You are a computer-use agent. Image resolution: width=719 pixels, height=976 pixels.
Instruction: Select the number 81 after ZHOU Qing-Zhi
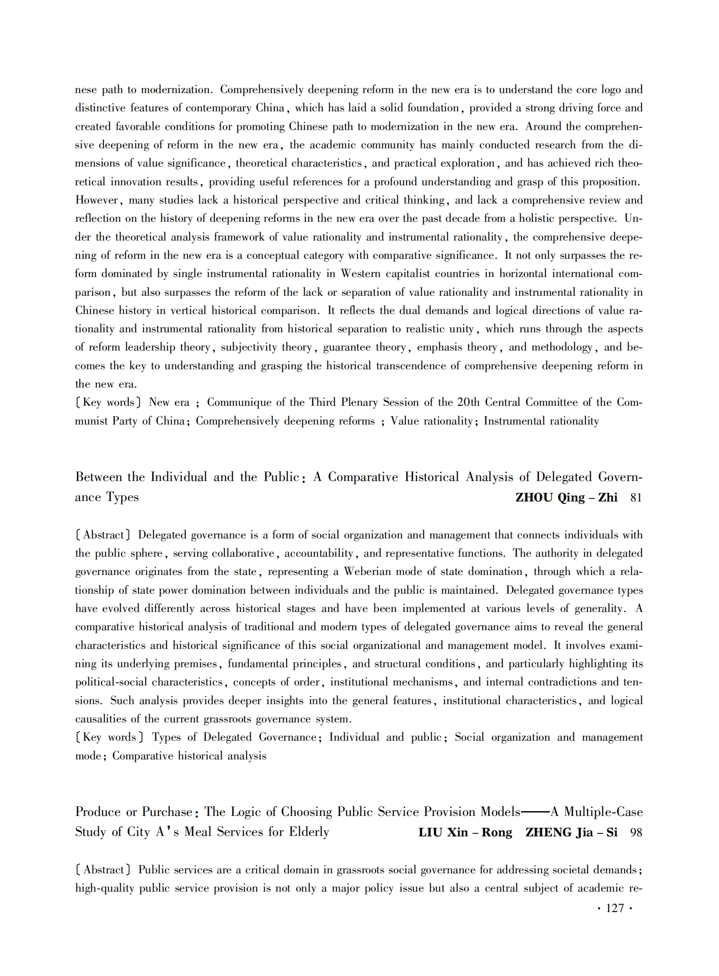(636, 498)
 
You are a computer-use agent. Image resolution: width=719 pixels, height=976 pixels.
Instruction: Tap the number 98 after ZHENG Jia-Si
(636, 832)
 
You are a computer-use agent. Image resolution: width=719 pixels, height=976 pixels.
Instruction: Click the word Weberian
(367, 572)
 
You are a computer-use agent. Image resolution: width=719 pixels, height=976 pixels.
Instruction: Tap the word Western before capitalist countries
(361, 274)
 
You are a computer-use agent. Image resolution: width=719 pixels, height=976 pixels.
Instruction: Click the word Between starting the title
(98, 477)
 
